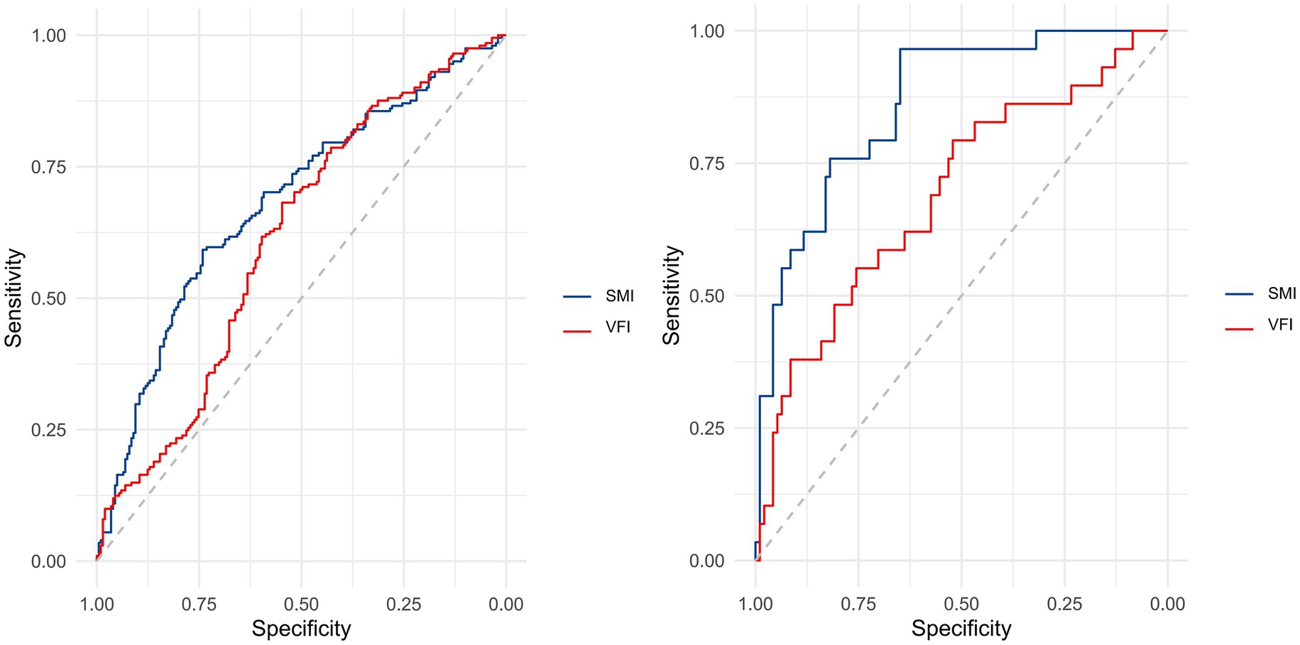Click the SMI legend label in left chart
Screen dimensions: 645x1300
(619, 296)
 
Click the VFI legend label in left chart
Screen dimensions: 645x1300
(618, 327)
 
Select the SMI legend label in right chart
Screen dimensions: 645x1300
(1282, 293)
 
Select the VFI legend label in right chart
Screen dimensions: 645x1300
(1280, 325)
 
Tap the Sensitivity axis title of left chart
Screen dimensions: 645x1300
(14, 298)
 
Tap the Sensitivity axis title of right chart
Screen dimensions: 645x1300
(672, 296)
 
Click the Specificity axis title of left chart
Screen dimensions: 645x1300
(301, 629)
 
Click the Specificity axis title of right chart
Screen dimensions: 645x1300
(961, 629)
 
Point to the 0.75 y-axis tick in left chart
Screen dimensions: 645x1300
(48, 167)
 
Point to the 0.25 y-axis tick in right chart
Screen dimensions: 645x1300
(706, 428)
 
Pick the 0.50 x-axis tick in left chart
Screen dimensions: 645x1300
(301, 605)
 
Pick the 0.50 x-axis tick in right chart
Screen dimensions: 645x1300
(961, 604)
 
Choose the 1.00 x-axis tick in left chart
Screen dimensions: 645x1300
(97, 605)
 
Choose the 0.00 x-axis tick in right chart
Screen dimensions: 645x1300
(1167, 604)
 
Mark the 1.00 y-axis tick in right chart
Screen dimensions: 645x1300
(706, 31)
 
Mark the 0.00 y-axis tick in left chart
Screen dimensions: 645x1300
(48, 562)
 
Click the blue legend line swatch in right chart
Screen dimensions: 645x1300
(1239, 293)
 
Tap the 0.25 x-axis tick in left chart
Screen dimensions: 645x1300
(403, 605)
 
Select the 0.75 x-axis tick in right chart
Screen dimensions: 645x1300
(858, 604)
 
